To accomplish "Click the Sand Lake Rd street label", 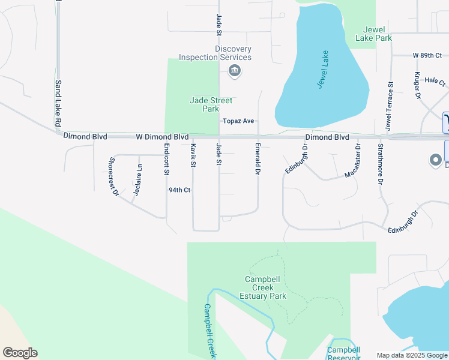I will click(x=58, y=103).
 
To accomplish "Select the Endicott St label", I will click(x=166, y=159).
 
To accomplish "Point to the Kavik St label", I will click(x=193, y=155).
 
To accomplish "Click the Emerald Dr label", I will click(x=257, y=159).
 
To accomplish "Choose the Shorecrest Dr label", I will click(x=113, y=176).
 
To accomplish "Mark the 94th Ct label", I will click(x=179, y=190).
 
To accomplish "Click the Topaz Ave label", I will click(x=238, y=121).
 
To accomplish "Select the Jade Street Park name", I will click(x=211, y=104).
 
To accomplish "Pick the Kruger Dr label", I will click(x=415, y=85).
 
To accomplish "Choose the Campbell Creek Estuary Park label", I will click(x=265, y=287).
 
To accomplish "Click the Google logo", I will click(x=20, y=353).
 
